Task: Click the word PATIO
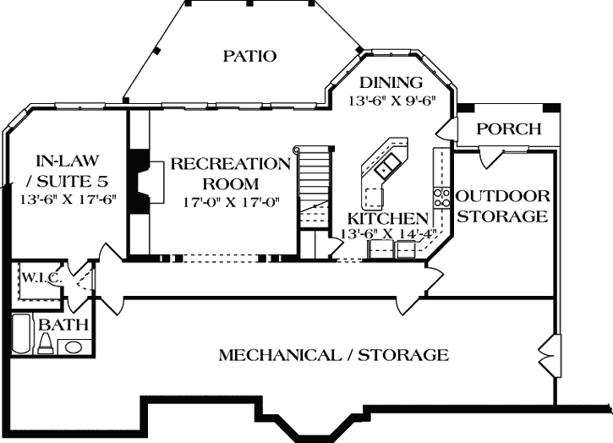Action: (x=250, y=57)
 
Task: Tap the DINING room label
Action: (x=390, y=83)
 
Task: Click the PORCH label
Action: (x=508, y=129)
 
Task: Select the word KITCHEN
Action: (x=375, y=218)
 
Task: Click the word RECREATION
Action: (x=230, y=164)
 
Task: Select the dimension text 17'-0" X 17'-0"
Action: (x=230, y=202)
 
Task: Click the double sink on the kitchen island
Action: (x=390, y=165)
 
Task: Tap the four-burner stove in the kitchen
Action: (x=441, y=198)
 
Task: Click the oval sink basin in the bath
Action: (x=74, y=346)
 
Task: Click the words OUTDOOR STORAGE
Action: (x=502, y=206)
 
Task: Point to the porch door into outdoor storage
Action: (x=490, y=155)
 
